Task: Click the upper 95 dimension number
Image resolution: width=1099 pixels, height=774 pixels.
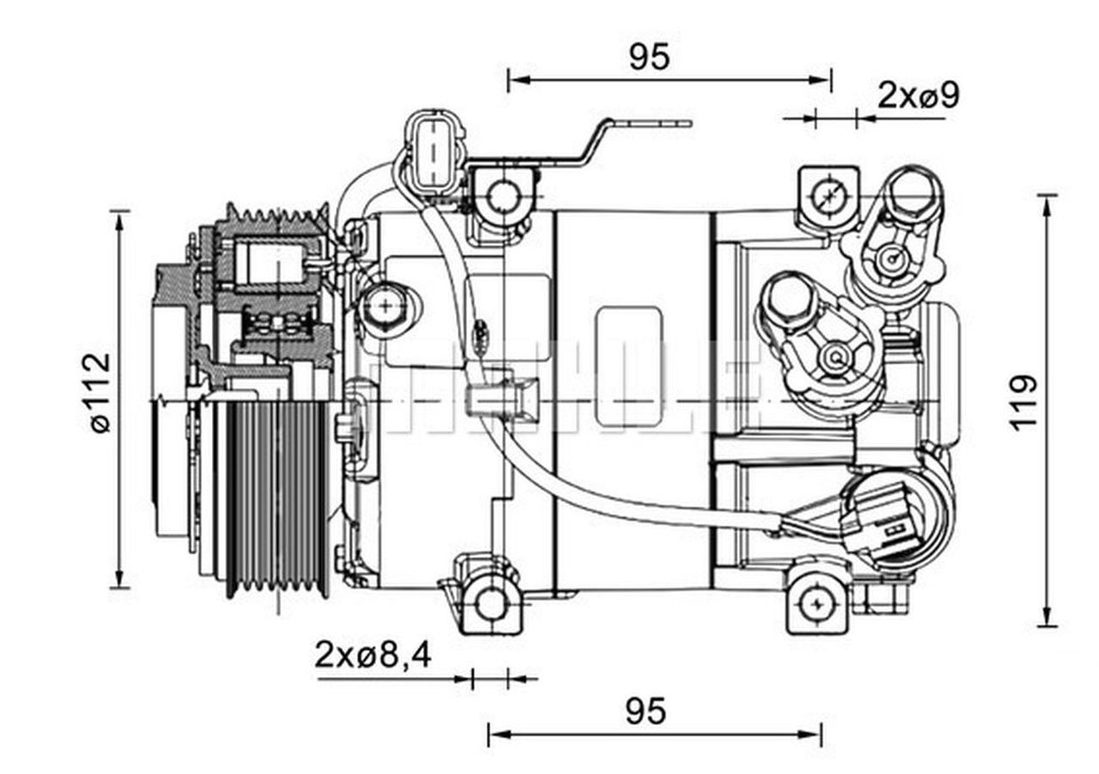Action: [x=648, y=57]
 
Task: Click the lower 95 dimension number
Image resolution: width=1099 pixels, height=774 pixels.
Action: [x=645, y=711]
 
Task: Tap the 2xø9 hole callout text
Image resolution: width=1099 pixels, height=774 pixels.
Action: [x=917, y=95]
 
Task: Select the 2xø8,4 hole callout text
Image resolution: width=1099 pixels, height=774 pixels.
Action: [x=373, y=655]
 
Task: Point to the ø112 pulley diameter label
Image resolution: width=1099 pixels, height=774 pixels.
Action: [x=99, y=392]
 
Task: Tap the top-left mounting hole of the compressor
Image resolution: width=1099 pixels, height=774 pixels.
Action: [x=501, y=198]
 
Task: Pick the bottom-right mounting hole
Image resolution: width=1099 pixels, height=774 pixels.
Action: [x=816, y=605]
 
